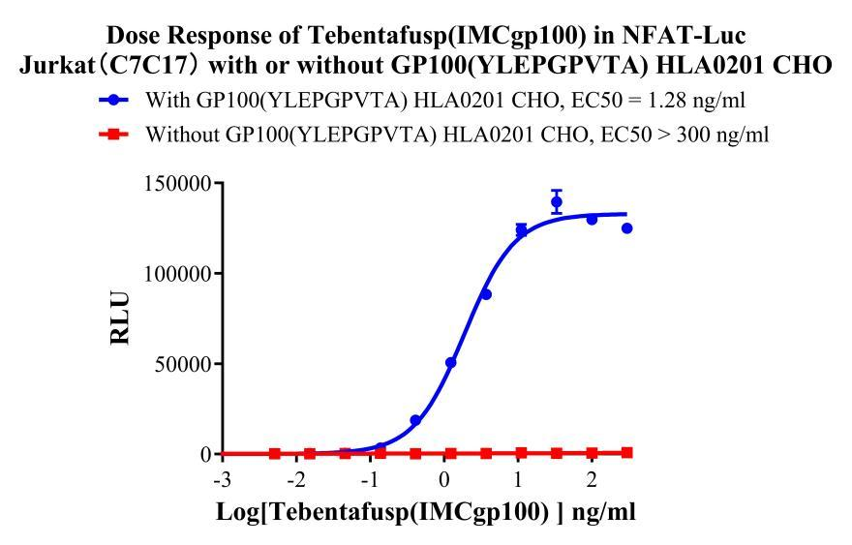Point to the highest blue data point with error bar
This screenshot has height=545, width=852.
557,202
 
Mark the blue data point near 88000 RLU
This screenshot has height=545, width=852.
486,294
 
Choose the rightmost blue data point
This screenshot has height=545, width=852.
626,228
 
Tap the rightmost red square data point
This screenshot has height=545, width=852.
626,452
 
